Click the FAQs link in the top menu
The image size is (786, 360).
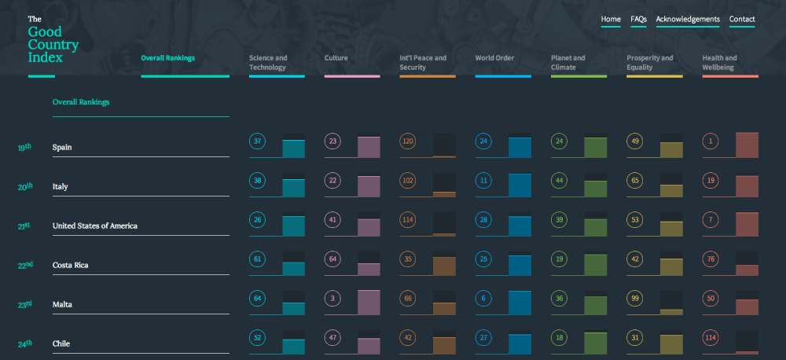[638, 20]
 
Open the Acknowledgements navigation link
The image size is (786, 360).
[688, 20]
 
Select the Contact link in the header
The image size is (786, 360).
[742, 20]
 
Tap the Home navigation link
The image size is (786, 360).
[611, 20]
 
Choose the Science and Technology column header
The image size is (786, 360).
[268, 62]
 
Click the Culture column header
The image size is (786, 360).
[336, 58]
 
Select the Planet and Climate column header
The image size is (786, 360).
[568, 62]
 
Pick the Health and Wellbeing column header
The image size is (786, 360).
[719, 62]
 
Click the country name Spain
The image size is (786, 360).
[62, 147]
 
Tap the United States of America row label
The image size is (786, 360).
[94, 226]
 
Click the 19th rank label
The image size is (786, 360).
[25, 147]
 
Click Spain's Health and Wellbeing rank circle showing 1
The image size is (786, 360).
[711, 141]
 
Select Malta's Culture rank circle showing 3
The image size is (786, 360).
[333, 299]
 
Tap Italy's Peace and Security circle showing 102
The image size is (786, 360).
[409, 181]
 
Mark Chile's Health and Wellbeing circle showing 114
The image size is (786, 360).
[711, 338]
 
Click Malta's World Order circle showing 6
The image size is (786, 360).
[484, 299]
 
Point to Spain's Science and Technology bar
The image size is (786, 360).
[293, 149]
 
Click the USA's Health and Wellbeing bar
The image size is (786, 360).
[747, 224]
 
